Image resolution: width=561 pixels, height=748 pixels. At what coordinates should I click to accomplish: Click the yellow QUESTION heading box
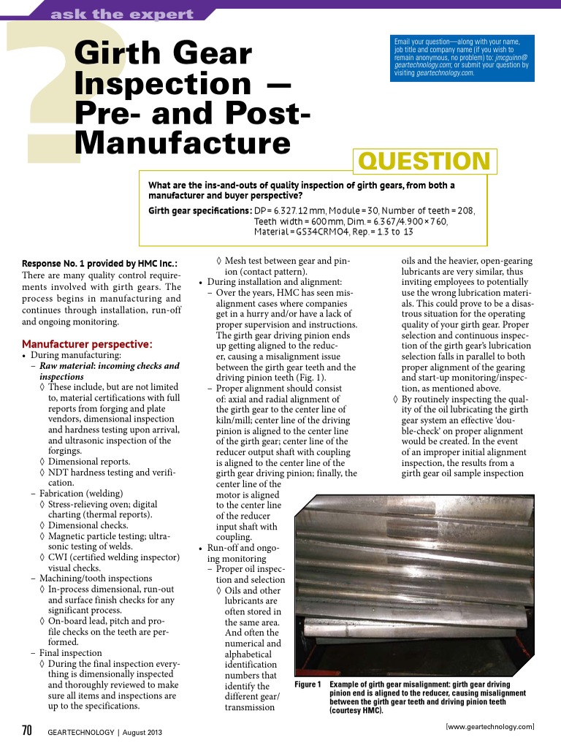[x=424, y=161]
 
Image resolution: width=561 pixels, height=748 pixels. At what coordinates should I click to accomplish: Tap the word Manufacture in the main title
[x=183, y=142]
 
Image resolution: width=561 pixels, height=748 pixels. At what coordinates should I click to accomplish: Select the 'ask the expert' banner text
[x=123, y=14]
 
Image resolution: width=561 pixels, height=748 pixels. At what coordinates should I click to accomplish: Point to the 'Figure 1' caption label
[x=308, y=684]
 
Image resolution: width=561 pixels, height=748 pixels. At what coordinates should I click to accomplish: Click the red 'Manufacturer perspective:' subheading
[x=87, y=343]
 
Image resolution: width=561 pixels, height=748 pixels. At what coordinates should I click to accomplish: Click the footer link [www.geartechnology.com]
[x=489, y=726]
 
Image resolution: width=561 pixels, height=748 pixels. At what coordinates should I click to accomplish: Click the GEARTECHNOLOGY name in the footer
[x=80, y=732]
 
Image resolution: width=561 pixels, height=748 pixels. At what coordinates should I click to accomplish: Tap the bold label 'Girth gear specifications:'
[x=199, y=210]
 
